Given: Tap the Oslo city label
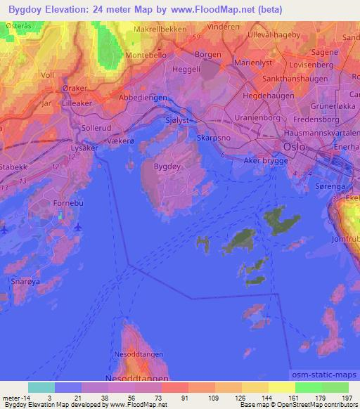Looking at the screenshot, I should tap(294, 147).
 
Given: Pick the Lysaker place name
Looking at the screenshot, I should tap(86, 148).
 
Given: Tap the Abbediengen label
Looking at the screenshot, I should tap(143, 97).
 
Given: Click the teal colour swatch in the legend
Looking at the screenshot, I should tap(41, 387).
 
